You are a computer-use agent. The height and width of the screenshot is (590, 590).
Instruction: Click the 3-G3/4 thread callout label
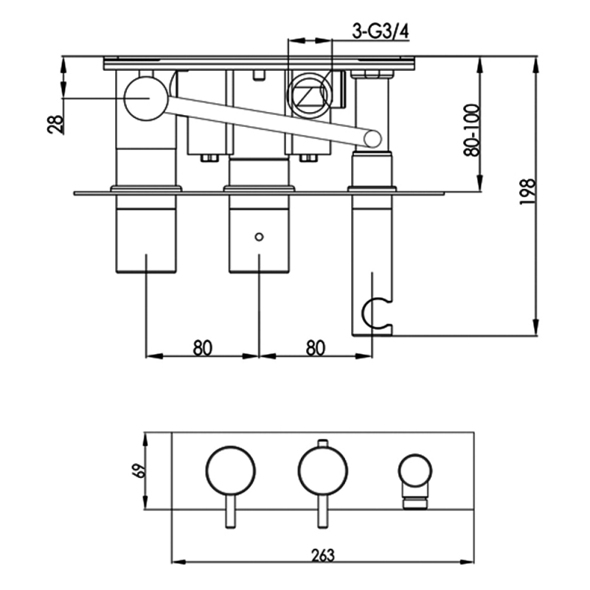pos(381,32)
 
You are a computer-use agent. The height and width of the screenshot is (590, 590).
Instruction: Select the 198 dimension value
pos(527,192)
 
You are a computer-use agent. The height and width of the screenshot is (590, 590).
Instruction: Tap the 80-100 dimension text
pos(472,131)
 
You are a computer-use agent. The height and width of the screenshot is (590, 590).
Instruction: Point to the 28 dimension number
pos(56,124)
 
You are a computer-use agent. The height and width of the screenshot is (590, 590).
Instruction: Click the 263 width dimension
pos(323,555)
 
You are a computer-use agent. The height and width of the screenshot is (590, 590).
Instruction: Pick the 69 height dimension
pos(140,471)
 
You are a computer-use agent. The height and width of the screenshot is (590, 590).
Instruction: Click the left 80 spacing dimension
pos(202,348)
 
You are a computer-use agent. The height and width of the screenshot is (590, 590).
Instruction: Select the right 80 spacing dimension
pos(316,348)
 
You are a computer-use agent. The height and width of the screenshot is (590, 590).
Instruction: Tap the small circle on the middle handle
pos(259,237)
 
